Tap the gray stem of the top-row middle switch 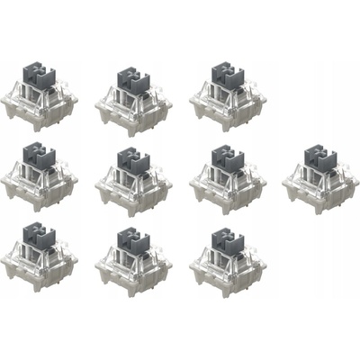[133, 78]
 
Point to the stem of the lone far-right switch [319, 156]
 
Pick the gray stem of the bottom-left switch [39, 235]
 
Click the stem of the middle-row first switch [39, 154]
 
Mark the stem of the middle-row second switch [133, 159]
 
